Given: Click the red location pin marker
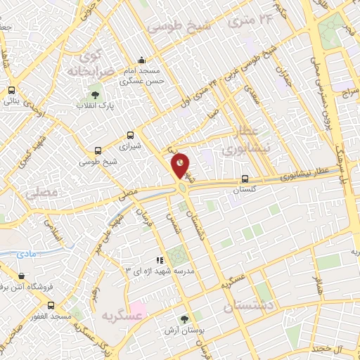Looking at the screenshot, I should coord(181,166).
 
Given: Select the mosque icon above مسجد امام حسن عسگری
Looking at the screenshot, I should coord(143,60).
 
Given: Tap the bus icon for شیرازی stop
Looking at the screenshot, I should coord(130,135).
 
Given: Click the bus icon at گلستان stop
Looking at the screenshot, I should coord(245,179).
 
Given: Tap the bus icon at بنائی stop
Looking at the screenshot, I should coord(12,90).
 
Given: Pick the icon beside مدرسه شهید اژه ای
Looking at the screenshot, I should coord(160,260).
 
